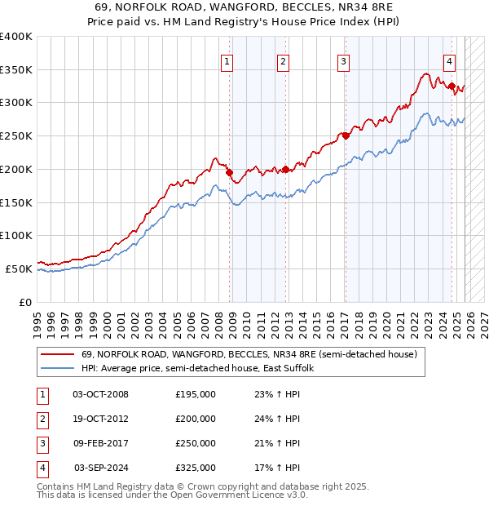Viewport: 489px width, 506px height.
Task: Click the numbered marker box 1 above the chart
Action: point(226,60)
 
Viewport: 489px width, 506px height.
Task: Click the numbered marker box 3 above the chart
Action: point(344,60)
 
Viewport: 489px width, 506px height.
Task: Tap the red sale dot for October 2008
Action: point(229,172)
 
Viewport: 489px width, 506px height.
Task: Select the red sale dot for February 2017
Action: point(346,135)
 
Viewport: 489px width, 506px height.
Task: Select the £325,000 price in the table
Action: point(196,468)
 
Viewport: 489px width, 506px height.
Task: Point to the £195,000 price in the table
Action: point(196,394)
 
